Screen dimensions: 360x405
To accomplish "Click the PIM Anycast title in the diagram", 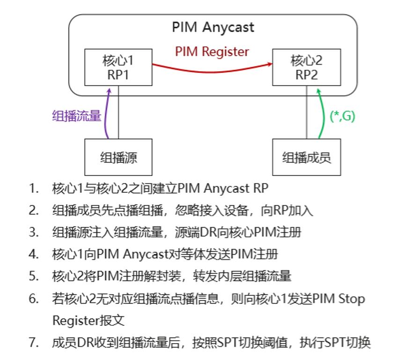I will (213, 27).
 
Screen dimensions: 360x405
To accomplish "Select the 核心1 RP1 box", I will (118, 68).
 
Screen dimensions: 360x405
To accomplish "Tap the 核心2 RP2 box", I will (307, 68).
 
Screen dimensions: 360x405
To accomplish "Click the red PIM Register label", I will (212, 51).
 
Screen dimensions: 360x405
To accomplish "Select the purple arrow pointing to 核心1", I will (106, 115).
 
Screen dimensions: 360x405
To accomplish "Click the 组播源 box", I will (118, 157).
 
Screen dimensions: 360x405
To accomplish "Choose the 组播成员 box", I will (307, 157).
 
